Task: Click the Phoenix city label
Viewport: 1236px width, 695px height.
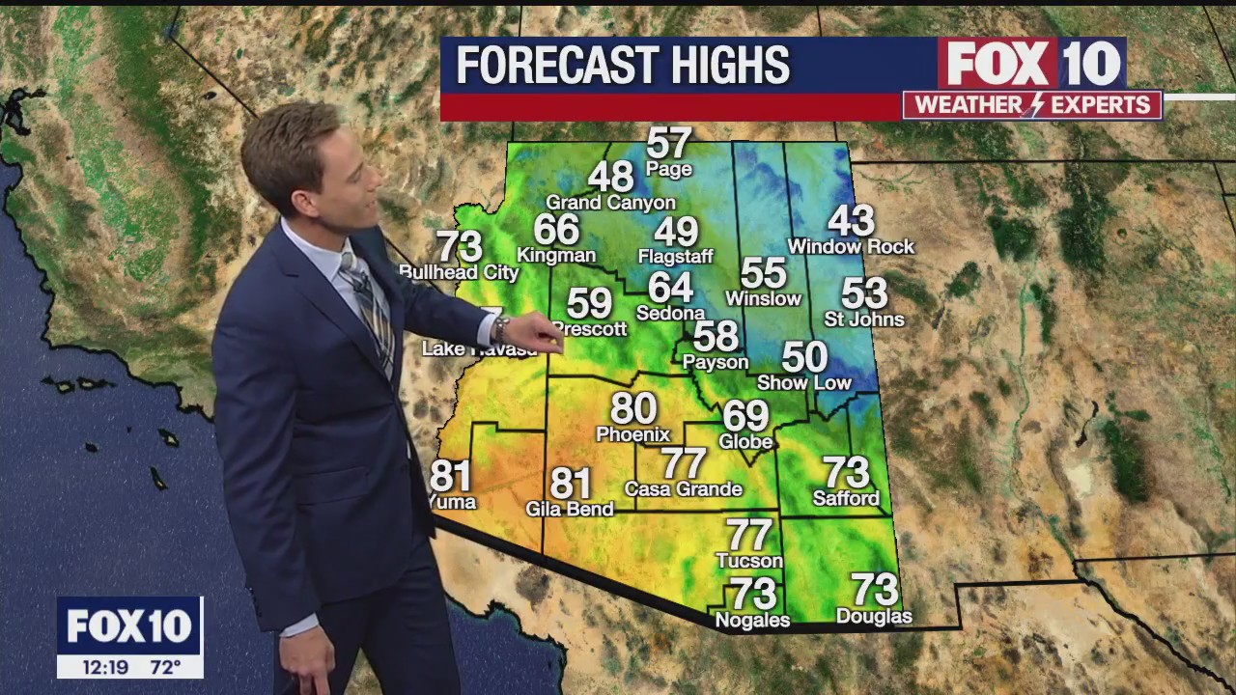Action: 632,435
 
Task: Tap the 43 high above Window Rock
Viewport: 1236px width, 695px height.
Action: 851,221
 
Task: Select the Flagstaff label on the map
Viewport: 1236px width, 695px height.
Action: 676,257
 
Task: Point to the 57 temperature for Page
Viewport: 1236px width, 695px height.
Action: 668,144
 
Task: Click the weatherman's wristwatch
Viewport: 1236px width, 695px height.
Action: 500,328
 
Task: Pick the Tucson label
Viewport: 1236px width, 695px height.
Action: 749,561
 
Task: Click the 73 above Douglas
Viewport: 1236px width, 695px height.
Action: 874,589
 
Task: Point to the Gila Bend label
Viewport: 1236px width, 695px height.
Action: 570,509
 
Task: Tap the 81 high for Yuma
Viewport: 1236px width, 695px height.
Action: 450,476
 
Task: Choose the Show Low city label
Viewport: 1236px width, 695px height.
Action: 804,383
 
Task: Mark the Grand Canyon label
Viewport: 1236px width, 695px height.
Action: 610,203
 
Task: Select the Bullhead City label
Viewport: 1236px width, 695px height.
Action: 460,273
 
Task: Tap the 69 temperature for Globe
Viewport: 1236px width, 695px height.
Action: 745,416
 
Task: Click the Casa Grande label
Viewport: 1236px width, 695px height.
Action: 683,489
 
